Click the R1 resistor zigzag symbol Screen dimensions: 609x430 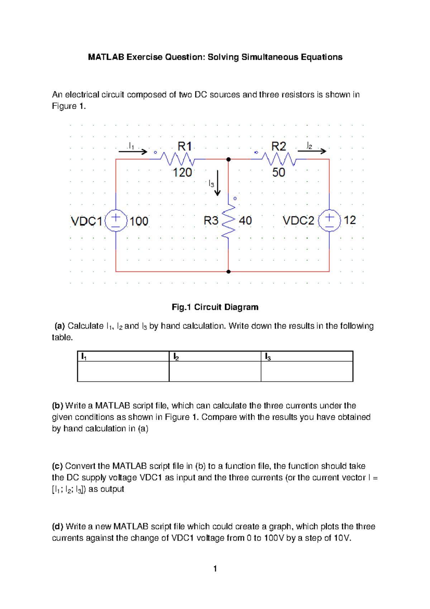coord(177,159)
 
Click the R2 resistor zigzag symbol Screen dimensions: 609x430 coord(279,159)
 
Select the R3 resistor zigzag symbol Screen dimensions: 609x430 coord(229,221)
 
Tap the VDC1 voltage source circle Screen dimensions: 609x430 coord(116,221)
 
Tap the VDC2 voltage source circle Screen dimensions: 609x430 coord(329,220)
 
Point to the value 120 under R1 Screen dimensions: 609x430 coord(182,173)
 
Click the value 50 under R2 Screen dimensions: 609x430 coord(278,173)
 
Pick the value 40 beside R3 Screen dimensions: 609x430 coord(245,221)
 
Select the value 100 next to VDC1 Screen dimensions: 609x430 coord(139,221)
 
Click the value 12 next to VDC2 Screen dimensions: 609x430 coord(350,220)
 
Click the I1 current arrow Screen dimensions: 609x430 coord(133,152)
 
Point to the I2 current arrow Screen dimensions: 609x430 coord(312,151)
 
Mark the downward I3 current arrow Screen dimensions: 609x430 coord(218,183)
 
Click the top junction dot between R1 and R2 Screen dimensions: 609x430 coord(229,159)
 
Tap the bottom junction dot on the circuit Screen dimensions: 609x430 coord(229,272)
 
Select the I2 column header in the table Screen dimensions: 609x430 coord(176,357)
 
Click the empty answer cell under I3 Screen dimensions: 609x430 coord(307,371)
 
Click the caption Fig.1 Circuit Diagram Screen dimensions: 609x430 coord(215,307)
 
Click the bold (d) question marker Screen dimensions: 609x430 coord(57,527)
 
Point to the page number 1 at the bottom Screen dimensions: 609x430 coord(215,568)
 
